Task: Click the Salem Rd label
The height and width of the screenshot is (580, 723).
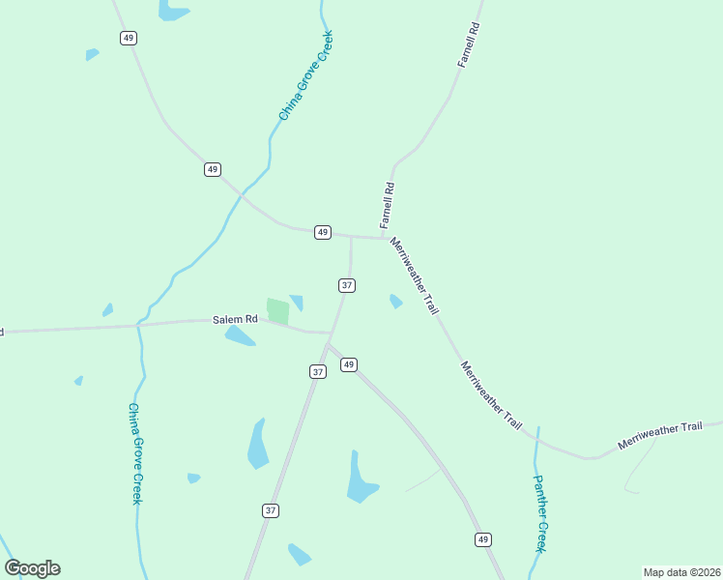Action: tap(237, 319)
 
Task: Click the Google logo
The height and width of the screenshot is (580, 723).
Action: tap(33, 567)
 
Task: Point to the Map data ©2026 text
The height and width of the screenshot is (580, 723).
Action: tap(681, 572)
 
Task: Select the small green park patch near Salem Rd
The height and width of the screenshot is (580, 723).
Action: tap(277, 311)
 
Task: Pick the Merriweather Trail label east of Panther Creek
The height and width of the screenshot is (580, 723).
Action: tap(660, 435)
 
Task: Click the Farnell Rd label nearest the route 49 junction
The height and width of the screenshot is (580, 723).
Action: tap(388, 205)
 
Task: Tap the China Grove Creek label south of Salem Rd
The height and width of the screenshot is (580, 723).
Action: tap(136, 453)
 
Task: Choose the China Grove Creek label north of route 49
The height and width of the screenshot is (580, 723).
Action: tap(305, 76)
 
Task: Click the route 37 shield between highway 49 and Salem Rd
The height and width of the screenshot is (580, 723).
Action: tap(347, 285)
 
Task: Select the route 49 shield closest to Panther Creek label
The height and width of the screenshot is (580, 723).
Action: tap(483, 538)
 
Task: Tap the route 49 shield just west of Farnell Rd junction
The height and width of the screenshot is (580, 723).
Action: tap(323, 232)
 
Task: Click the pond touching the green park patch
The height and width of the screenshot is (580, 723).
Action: tap(297, 303)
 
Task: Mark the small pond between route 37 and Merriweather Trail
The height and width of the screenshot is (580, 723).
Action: tap(395, 302)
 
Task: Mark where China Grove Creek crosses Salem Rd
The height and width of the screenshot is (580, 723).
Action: tap(138, 325)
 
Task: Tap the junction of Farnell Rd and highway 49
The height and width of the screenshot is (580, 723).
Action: tap(384, 237)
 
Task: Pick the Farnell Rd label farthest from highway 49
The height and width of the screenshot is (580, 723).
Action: tap(469, 45)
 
